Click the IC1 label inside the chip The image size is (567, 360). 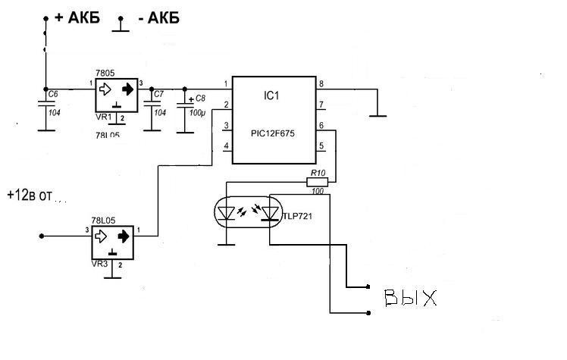click(x=272, y=97)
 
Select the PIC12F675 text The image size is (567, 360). click(x=273, y=132)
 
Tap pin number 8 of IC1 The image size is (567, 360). click(x=321, y=83)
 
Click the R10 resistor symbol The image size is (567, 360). click(x=317, y=182)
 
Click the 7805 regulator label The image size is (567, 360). click(x=105, y=73)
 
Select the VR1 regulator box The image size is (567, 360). click(x=115, y=95)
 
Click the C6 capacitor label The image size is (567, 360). click(x=52, y=94)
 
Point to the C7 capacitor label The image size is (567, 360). click(x=158, y=94)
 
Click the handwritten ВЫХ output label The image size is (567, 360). click(x=410, y=297)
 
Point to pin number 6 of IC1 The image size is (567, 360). click(x=321, y=124)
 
